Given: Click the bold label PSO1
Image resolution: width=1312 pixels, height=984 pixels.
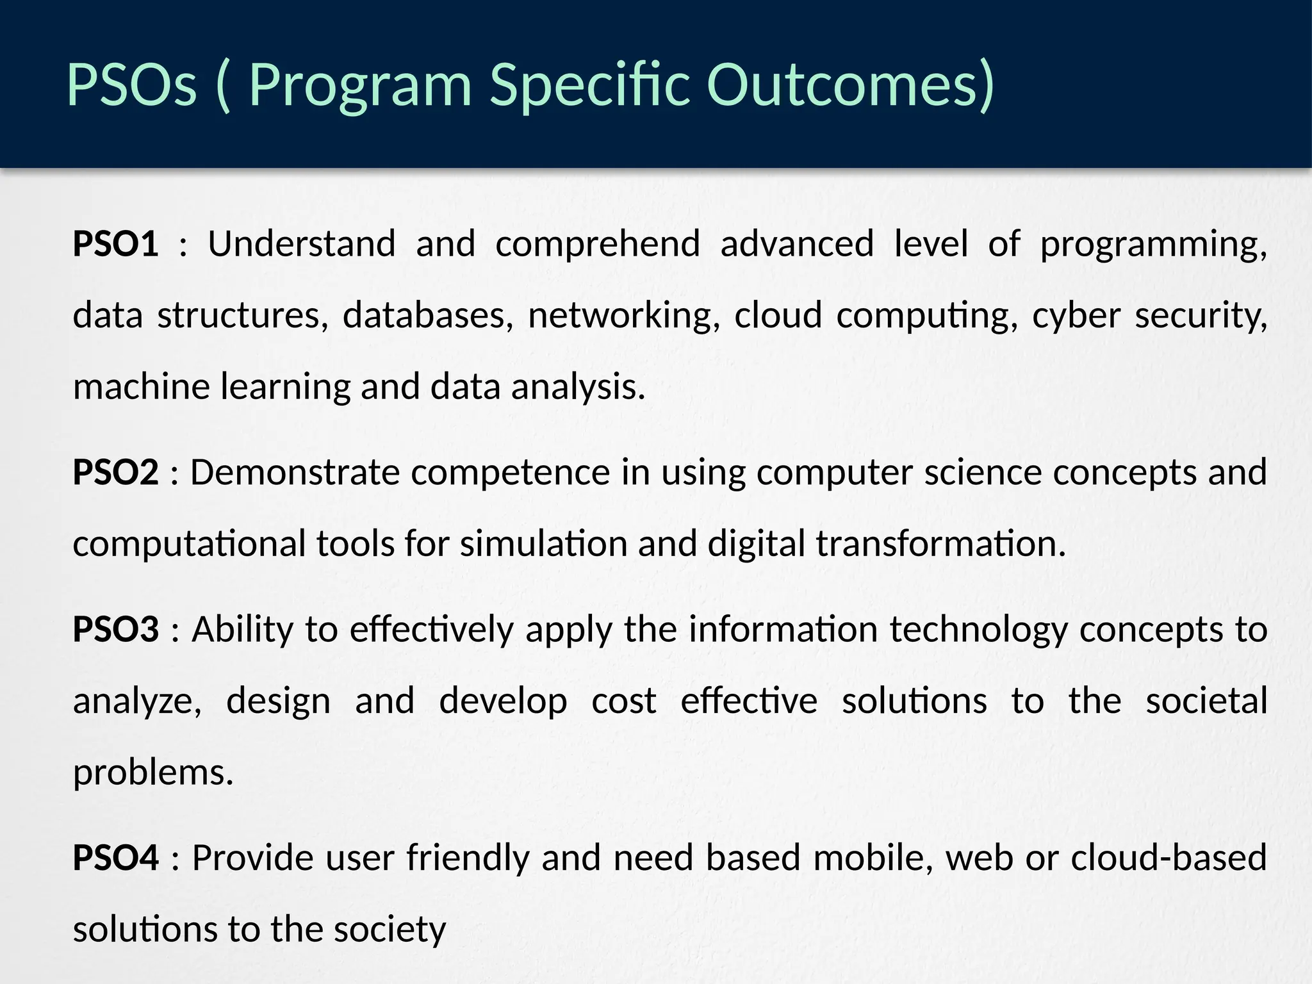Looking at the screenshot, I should pos(115,244).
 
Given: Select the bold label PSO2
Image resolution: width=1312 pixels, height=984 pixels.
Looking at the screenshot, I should pos(115,472).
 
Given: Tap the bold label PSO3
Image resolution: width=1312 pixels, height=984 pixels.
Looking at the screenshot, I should pos(115,629).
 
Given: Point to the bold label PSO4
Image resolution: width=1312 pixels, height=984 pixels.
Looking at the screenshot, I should pos(115,857).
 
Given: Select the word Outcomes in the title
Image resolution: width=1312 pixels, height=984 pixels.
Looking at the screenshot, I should pos(850,85).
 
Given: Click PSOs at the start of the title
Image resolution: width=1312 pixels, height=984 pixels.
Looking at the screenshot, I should pos(131,85).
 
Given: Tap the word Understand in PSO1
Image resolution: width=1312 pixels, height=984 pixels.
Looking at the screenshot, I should pos(302,244).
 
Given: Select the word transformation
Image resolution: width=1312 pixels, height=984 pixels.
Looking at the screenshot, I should pos(940,544).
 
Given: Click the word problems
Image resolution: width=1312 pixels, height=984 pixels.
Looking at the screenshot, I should pos(153,773).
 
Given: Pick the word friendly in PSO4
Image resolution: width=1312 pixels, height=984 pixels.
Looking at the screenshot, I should pos(468,857).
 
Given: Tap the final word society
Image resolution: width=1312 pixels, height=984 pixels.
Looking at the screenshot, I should pos(389,929).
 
